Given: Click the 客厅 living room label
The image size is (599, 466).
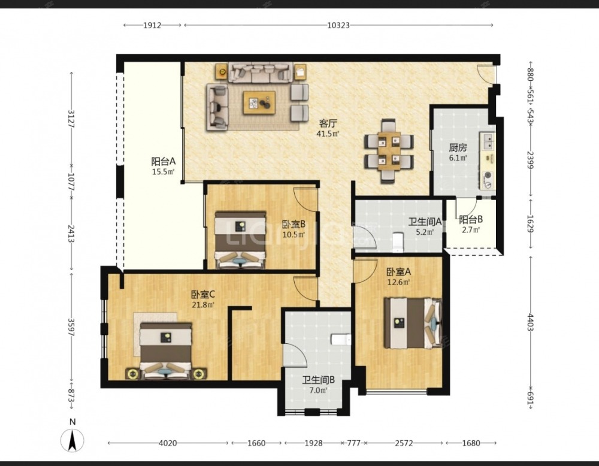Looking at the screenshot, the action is (x=328, y=123).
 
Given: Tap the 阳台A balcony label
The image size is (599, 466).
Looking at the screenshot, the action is (x=163, y=161).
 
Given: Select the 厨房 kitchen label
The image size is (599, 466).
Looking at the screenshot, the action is (x=458, y=147).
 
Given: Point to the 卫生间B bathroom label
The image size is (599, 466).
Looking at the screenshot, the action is (x=318, y=380).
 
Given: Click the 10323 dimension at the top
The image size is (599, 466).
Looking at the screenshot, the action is (x=338, y=25).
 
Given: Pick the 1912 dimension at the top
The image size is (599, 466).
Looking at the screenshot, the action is (x=152, y=25).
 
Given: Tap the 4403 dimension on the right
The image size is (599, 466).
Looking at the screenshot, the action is (x=531, y=322).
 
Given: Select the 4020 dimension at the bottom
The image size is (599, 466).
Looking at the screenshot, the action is (x=168, y=443).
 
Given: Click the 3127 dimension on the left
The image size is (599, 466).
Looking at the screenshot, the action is (x=71, y=119).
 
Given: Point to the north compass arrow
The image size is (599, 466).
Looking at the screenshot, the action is (x=72, y=440).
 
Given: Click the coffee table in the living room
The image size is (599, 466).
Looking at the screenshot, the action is (x=259, y=102).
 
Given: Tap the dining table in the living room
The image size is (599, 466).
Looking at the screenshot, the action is (x=389, y=152).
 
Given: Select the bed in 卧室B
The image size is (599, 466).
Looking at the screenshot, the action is (x=240, y=240).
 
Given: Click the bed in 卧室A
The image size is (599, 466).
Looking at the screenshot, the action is (x=413, y=323).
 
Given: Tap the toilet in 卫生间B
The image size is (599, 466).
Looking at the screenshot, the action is (x=341, y=339).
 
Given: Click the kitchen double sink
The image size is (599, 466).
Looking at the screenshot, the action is (x=488, y=141).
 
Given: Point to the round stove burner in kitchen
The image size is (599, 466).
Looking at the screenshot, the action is (x=488, y=175).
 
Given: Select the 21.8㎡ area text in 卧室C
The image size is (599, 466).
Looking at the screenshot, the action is (x=203, y=304).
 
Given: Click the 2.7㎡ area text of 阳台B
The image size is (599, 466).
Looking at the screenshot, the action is (x=471, y=230).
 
